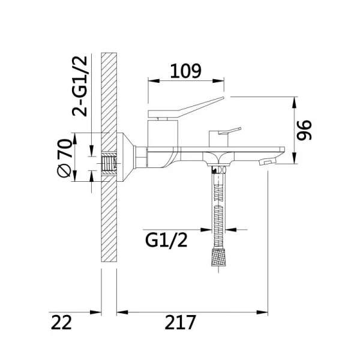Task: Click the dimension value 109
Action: pyautogui.click(x=185, y=71)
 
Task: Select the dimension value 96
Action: pyautogui.click(x=306, y=129)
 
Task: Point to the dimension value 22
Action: pyautogui.click(x=61, y=322)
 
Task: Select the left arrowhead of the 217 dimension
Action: pyautogui.click(x=120, y=311)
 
